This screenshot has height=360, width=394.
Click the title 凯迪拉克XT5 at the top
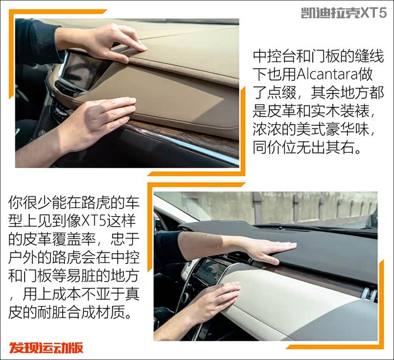click(x=343, y=12)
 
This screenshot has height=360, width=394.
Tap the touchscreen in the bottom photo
click(x=207, y=272)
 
